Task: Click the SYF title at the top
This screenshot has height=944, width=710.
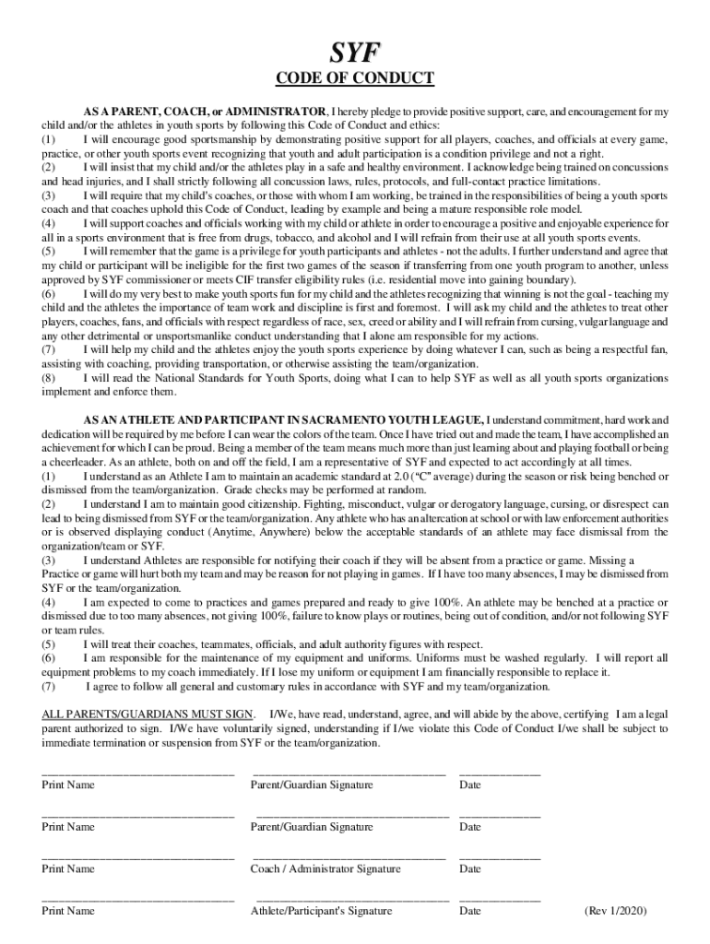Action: [x=356, y=51]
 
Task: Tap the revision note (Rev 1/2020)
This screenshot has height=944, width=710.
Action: [x=615, y=911]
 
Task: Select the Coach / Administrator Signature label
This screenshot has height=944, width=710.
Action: [x=325, y=868]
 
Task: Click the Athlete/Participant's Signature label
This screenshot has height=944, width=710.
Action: [x=321, y=911]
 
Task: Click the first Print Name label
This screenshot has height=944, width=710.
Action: [x=68, y=785]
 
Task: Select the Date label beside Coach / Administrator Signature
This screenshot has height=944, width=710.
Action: [x=470, y=868]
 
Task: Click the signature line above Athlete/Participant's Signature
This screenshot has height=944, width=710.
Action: [x=352, y=900]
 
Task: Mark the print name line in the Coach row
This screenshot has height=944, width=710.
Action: [x=137, y=857]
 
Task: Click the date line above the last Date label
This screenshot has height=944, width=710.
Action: [x=500, y=900]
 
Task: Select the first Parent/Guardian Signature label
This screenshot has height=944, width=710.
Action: [x=312, y=785]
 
